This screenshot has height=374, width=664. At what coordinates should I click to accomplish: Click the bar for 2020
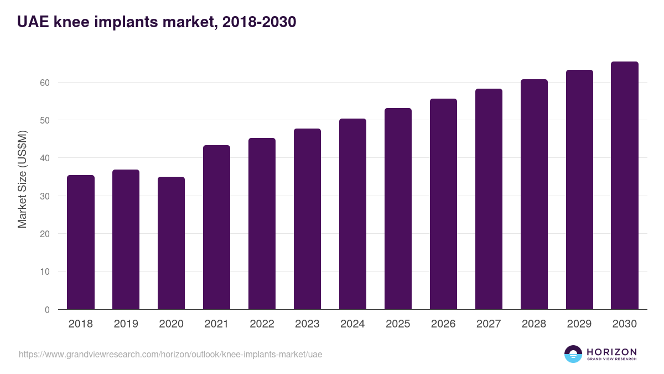point(172,243)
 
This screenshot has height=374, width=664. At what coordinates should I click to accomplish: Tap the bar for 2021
point(216,227)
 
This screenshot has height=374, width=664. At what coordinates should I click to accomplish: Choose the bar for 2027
point(489,199)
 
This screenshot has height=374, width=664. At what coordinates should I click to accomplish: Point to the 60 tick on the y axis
point(44,83)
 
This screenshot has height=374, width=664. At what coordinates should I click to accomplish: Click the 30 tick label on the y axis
point(44,196)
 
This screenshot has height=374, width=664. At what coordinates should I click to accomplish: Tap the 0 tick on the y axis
point(47,310)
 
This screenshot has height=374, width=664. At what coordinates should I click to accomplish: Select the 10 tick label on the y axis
point(44,271)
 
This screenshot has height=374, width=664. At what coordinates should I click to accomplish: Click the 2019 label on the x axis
point(126,324)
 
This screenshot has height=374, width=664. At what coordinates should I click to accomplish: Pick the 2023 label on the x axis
point(307,324)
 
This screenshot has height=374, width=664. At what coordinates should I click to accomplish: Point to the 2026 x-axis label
point(443,324)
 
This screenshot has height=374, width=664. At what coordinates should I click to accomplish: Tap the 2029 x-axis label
point(579,324)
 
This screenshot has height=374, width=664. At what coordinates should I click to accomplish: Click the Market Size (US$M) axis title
point(22,179)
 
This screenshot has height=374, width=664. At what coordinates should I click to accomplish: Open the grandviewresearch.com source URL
point(170,354)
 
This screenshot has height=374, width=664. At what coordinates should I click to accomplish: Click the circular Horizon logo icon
point(573,354)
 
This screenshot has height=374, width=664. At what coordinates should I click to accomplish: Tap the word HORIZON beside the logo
point(611,351)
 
